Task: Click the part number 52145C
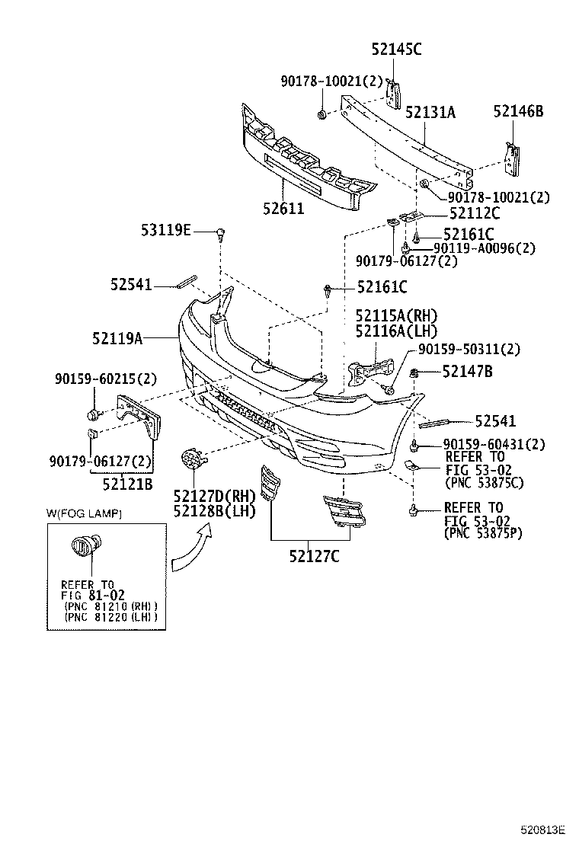click(396, 50)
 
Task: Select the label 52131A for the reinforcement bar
click(430, 112)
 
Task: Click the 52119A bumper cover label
click(117, 336)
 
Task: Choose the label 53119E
click(165, 229)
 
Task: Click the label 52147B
click(467, 371)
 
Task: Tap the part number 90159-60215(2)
click(105, 378)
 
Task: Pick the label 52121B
click(127, 482)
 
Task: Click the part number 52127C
click(314, 556)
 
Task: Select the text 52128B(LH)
click(213, 510)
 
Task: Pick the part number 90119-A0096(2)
click(484, 248)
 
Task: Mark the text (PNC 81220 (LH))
click(111, 617)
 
